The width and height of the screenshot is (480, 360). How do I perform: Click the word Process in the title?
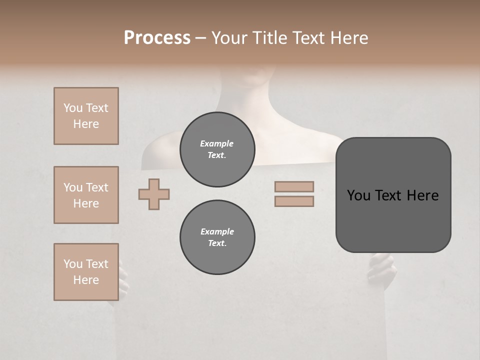point(157,38)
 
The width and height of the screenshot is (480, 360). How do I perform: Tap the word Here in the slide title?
point(348,38)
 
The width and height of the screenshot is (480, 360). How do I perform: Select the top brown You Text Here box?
point(86,116)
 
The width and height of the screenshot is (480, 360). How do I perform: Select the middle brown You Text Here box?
point(86,195)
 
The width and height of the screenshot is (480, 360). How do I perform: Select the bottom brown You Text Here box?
point(86,272)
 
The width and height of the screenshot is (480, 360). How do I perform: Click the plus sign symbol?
point(154,194)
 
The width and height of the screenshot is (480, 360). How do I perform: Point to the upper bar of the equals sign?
point(294,186)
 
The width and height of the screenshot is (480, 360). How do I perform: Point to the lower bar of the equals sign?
point(294,201)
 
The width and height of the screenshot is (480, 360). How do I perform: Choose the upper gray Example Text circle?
point(217,149)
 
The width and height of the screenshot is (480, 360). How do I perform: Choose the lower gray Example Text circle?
point(217,237)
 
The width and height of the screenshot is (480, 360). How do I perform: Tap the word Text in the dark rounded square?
point(392,195)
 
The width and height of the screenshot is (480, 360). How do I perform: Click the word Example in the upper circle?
point(216,143)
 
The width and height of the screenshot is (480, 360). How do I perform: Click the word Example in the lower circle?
point(217,231)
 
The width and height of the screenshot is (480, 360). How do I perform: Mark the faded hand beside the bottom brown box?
point(123,280)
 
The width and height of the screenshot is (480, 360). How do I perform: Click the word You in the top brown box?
point(72,108)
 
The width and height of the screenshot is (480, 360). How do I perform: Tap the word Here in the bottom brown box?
point(86,280)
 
